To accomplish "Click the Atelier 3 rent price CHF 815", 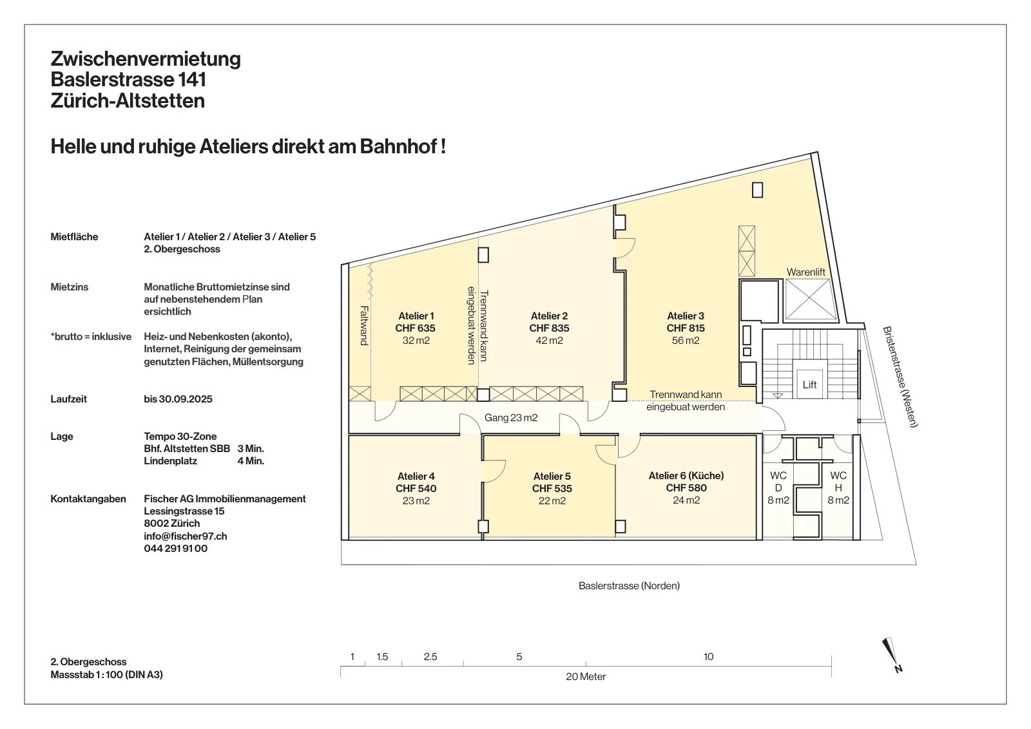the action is [686, 328].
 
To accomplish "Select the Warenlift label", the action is [806, 272].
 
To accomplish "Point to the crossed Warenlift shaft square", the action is [811, 299].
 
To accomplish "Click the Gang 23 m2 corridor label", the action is [511, 417].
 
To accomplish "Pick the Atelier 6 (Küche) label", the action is [686, 475].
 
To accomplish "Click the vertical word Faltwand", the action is [364, 326].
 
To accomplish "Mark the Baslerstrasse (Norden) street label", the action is [629, 585].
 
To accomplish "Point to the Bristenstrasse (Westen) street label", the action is [900, 377].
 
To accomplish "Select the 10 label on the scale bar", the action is [708, 656].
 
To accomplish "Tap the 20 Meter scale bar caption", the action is [586, 677].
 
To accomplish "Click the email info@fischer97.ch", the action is [186, 536].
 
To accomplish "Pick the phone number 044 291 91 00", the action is [175, 548].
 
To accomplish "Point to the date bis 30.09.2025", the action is [178, 399].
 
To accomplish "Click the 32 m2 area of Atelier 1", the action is [416, 341].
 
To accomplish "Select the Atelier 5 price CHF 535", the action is [552, 488].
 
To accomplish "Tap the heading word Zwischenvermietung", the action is [146, 59].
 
